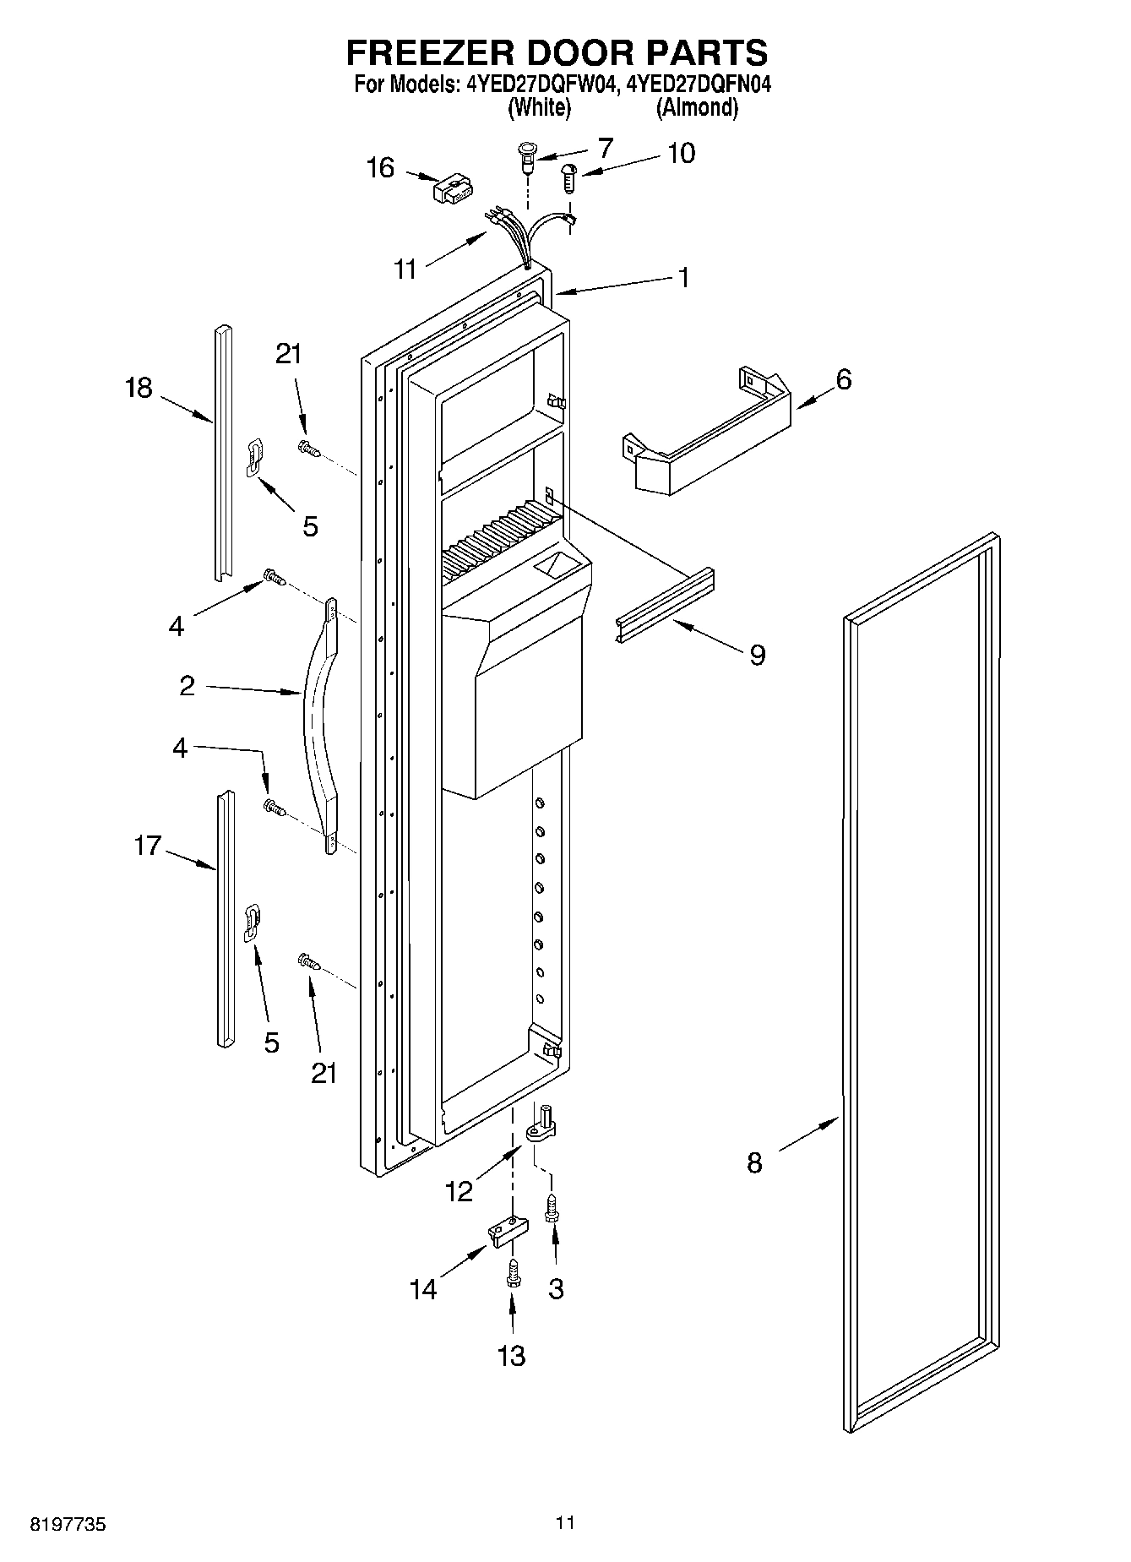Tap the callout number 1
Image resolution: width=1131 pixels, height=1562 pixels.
pos(683,277)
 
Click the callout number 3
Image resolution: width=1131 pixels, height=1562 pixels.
pos(556,1288)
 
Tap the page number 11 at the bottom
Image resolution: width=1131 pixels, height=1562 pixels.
pos(565,1523)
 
